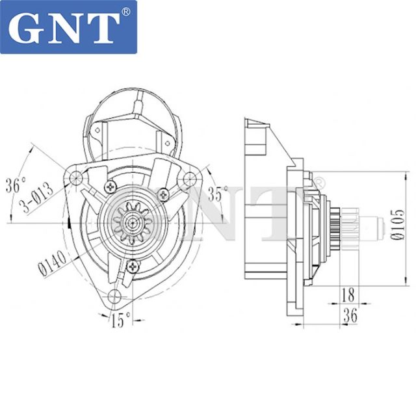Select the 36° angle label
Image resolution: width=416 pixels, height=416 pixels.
point(15,184)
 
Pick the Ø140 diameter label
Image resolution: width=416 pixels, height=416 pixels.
point(52,261)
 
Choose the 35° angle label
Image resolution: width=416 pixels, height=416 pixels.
point(218,193)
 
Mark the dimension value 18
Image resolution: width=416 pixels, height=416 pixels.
point(348,294)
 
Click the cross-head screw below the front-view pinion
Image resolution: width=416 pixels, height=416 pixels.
point(133,265)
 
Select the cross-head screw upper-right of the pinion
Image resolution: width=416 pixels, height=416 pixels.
point(164,192)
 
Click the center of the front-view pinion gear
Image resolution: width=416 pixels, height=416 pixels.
point(130,222)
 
